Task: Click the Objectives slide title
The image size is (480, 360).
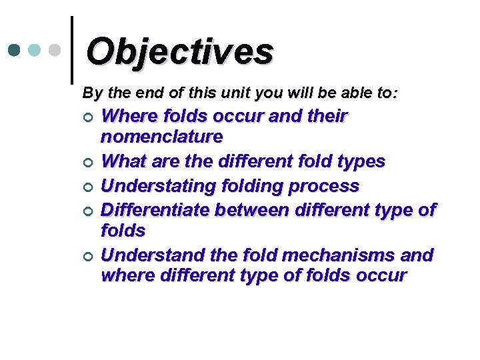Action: tap(179, 51)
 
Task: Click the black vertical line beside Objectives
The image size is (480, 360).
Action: tap(71, 50)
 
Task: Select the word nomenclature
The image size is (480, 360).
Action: tap(161, 137)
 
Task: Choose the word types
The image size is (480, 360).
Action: tap(361, 161)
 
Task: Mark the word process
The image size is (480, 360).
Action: tap(326, 186)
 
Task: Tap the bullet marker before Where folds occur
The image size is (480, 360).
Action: tap(87, 118)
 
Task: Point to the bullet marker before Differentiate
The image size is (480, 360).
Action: tap(87, 211)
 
